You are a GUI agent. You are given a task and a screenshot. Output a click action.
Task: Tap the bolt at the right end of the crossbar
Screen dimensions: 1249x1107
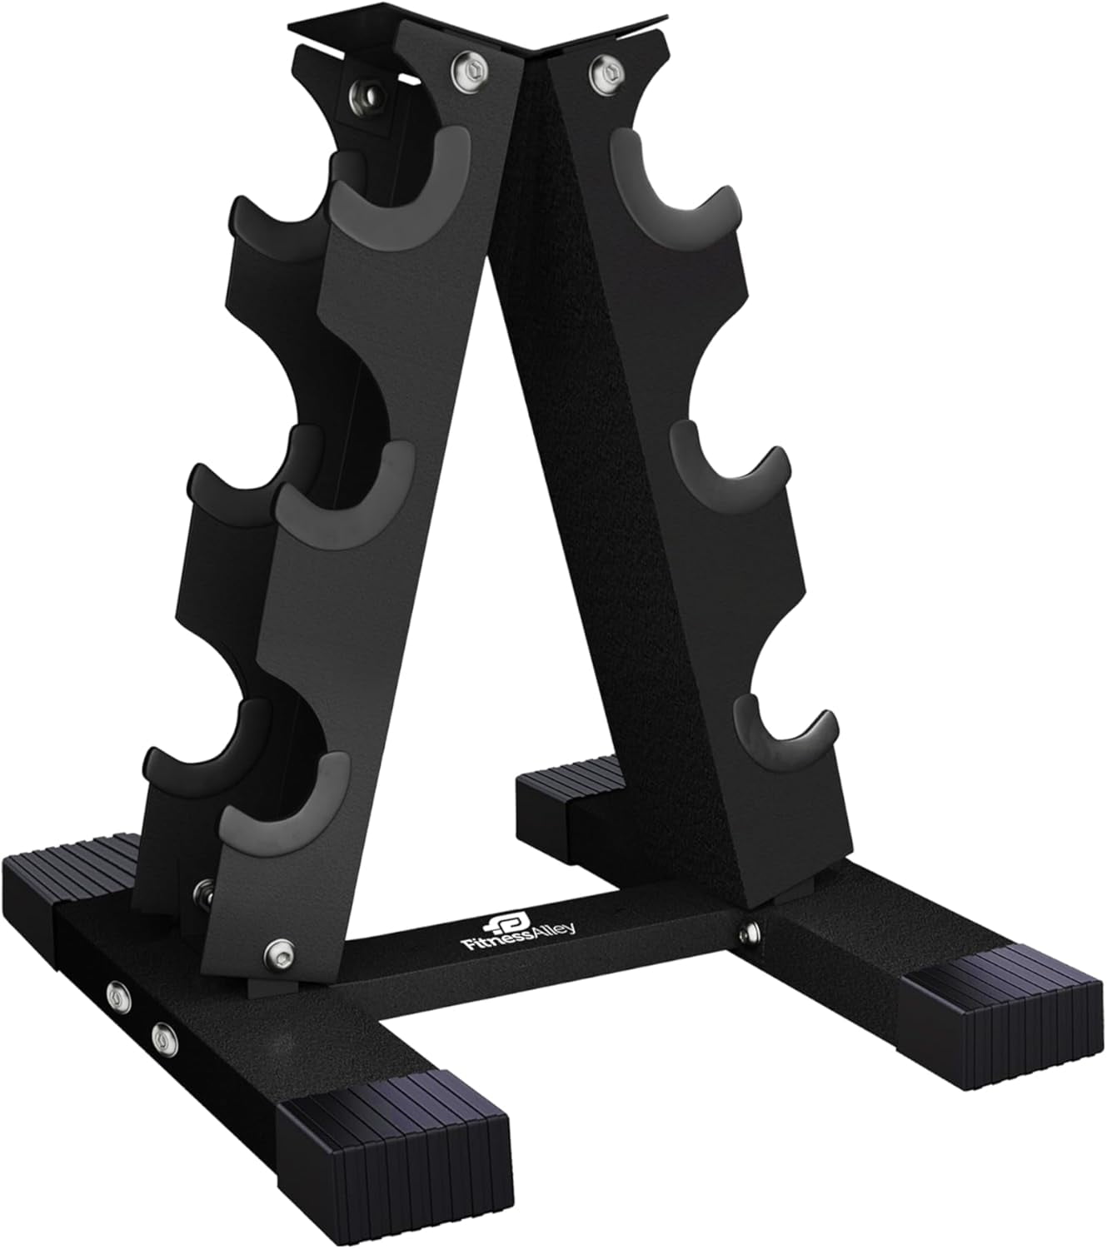751,927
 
